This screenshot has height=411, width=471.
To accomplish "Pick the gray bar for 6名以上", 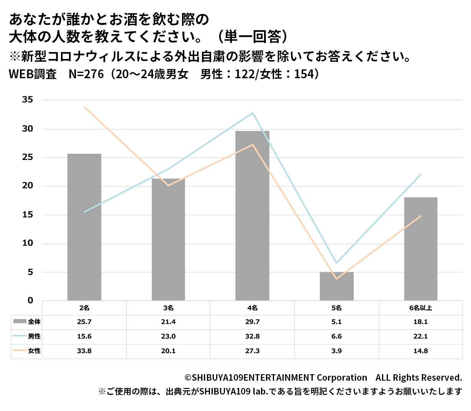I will [x=420, y=249].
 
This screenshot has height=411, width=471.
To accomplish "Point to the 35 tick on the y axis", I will [x=28, y=100].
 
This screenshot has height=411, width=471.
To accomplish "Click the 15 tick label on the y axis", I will [x=28, y=215].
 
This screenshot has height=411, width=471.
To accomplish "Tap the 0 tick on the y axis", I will [x=30, y=301].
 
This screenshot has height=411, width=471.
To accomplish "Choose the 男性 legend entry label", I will [x=34, y=336].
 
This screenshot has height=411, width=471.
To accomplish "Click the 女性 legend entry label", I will [x=34, y=351].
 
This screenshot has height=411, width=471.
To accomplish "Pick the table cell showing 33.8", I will [x=84, y=351].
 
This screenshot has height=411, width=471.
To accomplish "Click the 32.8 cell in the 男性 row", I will [x=252, y=336].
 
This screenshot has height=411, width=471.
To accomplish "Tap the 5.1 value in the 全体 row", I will [x=336, y=322].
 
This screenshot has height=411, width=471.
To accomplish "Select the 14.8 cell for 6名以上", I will [x=420, y=351].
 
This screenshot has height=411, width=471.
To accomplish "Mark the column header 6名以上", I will [x=420, y=308].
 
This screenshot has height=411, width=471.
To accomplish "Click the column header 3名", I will [x=168, y=308].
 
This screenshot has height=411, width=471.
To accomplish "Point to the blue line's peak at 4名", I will [x=253, y=113].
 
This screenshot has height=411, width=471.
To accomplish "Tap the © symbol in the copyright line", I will [x=188, y=378].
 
